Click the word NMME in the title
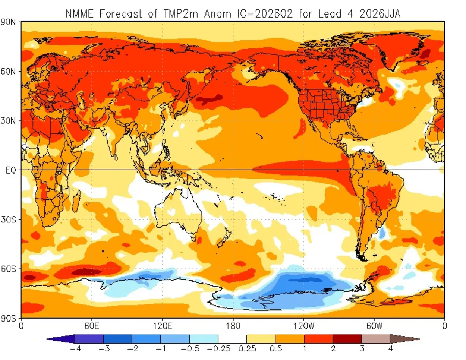point(79,14)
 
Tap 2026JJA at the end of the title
point(380,14)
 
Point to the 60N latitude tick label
point(8,71)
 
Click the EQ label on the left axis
point(10,170)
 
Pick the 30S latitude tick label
point(8,220)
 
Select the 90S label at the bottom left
point(8,319)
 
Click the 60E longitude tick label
point(91,326)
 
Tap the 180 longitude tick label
point(233,326)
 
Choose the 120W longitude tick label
point(303,326)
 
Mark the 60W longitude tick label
point(374,326)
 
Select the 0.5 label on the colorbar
point(276,349)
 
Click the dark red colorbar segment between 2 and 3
point(347,339)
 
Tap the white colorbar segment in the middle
point(232,339)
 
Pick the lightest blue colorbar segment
point(204,339)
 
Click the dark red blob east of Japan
point(209,100)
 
